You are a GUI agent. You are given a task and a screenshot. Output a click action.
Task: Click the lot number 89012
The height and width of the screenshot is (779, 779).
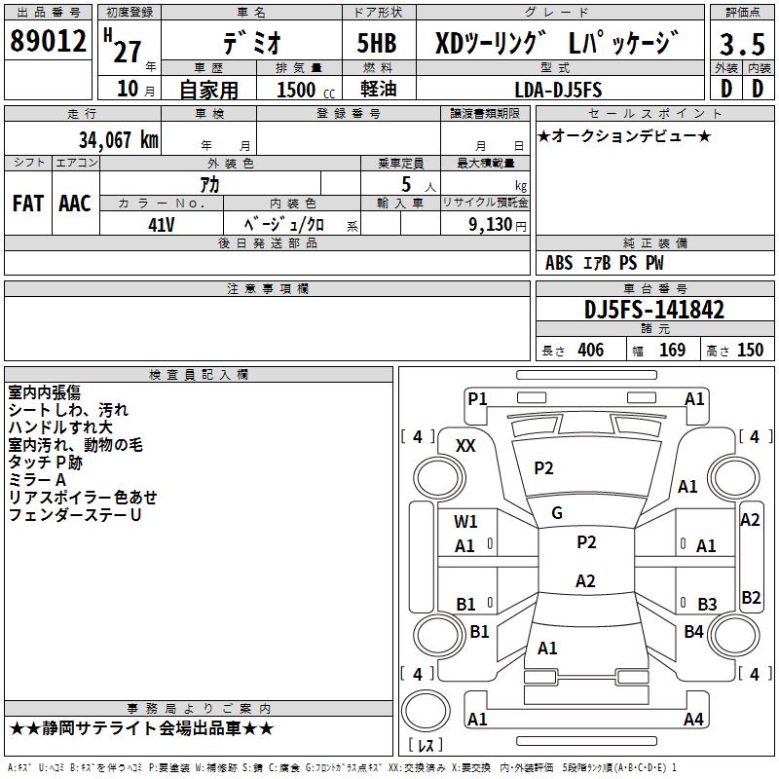pyautogui.click(x=48, y=42)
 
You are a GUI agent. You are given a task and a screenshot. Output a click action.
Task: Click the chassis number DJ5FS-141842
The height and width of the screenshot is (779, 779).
pyautogui.click(x=654, y=310)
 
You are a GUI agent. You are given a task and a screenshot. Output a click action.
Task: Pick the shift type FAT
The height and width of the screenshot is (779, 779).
pyautogui.click(x=27, y=204)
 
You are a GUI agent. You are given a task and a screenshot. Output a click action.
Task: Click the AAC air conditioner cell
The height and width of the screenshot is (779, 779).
pyautogui.click(x=74, y=204)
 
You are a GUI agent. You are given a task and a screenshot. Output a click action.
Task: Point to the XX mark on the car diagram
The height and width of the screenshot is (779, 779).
pyautogui.click(x=466, y=445)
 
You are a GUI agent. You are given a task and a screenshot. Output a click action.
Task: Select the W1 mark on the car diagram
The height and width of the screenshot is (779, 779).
pyautogui.click(x=466, y=521)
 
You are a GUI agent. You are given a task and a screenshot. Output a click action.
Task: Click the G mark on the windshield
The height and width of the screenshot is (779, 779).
pyautogui.click(x=557, y=512)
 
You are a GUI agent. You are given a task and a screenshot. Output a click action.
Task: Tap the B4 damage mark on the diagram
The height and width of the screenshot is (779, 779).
pyautogui.click(x=693, y=632)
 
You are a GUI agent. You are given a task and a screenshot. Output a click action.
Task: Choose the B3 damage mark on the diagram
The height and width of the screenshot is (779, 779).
pyautogui.click(x=707, y=604)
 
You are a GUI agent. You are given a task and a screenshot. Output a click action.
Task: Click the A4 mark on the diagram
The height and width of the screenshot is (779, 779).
pyautogui.click(x=693, y=720)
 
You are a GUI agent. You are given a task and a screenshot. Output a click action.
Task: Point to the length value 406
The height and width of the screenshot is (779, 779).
pyautogui.click(x=591, y=351)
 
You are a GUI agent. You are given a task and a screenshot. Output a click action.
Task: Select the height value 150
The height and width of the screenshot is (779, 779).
pyautogui.click(x=750, y=351)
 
